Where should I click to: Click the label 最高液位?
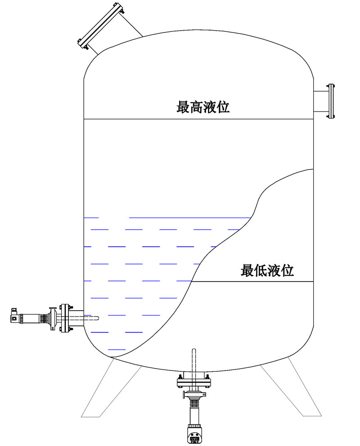pos(203,107)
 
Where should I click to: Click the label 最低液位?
pos(267,270)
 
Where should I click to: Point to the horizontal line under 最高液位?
pos(198,119)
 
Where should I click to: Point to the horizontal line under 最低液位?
pos(252,282)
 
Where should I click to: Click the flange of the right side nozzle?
pos(331,101)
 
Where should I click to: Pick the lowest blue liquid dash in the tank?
pos(117,349)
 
